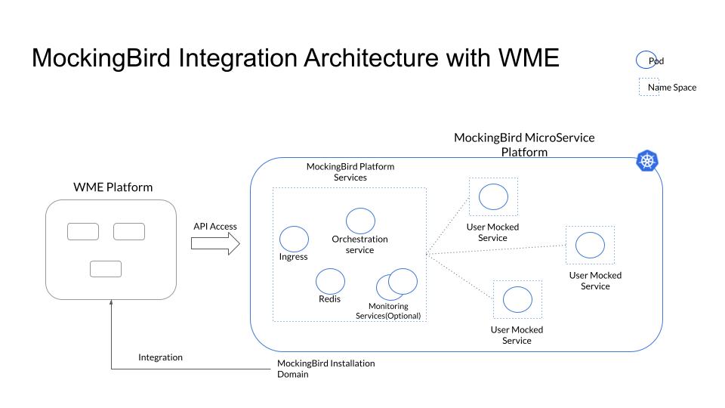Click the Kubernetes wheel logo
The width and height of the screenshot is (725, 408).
648,161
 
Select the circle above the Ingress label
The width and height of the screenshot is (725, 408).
294,239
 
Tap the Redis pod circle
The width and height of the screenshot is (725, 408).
330,281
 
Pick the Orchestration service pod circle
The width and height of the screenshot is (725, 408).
360,221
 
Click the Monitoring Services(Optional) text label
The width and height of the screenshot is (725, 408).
387,311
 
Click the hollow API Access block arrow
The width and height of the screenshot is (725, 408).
214,244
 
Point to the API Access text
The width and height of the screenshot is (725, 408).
215,226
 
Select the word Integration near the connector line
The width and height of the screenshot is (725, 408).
160,357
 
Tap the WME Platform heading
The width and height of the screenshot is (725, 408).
113,187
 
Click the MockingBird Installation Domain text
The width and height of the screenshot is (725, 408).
325,369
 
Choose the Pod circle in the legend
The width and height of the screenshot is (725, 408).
646,60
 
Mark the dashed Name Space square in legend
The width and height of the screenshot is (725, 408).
649,87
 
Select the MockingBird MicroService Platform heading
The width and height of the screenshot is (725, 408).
523,144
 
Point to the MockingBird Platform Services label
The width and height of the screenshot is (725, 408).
350,172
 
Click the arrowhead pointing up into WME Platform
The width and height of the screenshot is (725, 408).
111,303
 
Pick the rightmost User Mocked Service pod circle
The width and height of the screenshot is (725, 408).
590,245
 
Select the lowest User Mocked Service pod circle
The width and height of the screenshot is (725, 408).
517,299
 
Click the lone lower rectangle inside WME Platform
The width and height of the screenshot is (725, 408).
106,268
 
